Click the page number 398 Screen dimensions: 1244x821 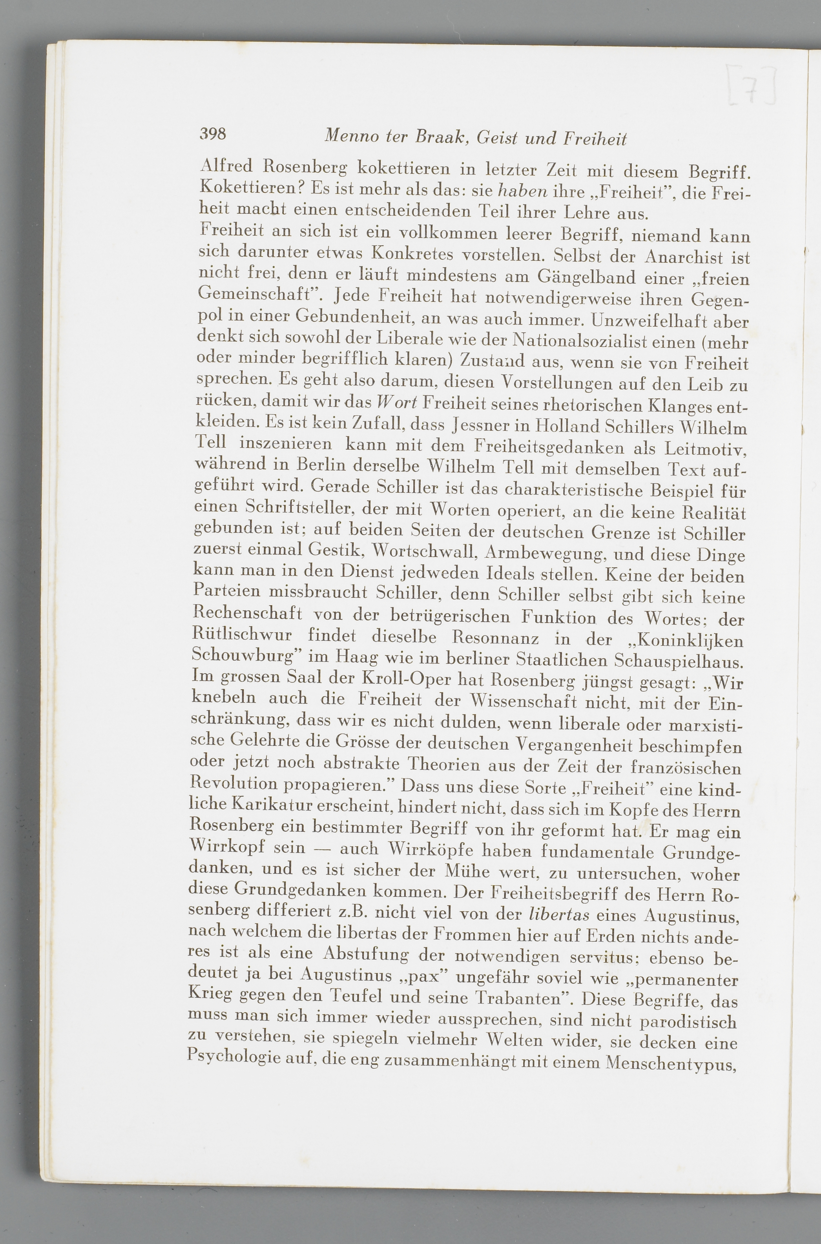(213, 134)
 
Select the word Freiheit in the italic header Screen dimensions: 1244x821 (595, 139)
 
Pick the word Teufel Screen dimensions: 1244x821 (359, 997)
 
